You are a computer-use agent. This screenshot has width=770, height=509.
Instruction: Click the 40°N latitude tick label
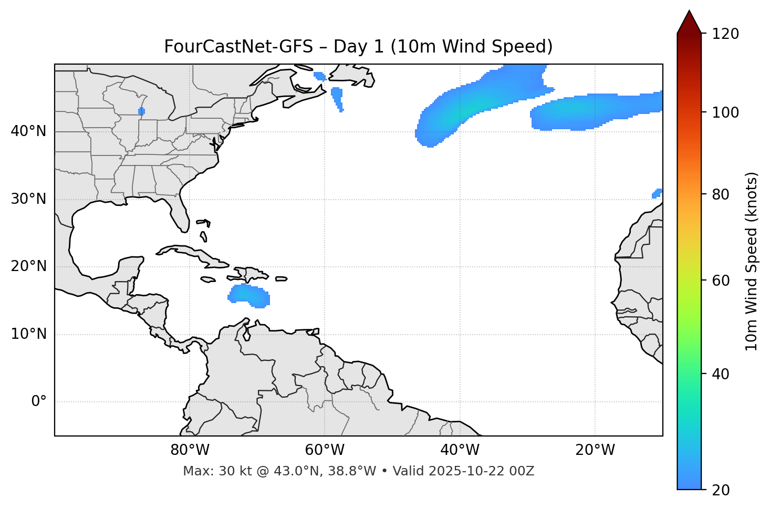(29, 131)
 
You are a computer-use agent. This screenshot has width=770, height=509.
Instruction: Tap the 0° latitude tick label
(39, 402)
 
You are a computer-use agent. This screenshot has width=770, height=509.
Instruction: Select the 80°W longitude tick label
(190, 450)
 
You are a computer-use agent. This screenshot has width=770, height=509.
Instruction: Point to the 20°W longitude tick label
(595, 450)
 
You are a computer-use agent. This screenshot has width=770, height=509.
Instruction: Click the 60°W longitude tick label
(325, 450)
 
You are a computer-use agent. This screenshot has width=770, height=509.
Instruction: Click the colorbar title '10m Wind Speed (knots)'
(752, 261)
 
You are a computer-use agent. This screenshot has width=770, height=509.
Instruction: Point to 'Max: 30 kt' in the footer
(209, 471)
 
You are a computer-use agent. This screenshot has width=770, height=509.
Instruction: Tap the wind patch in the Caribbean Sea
(250, 296)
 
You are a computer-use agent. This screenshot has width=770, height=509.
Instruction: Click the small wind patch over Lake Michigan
(141, 111)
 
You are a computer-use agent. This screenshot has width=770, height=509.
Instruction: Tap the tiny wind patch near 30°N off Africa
(657, 193)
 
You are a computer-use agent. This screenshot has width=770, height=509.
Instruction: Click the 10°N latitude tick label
(29, 334)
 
